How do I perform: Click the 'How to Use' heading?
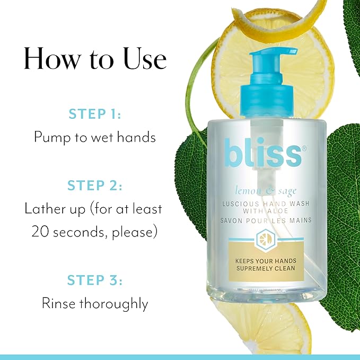95,59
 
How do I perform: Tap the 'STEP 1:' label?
95,113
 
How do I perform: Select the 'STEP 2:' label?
95,186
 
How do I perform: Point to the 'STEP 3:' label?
95,280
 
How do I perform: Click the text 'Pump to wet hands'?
95,137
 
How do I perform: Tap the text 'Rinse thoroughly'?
95,303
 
